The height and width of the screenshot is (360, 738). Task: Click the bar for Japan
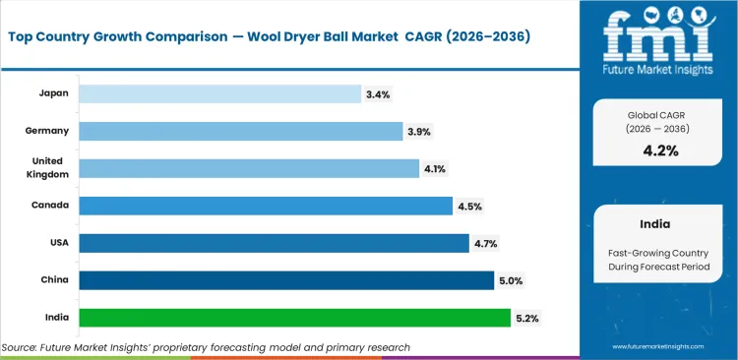pyautogui.click(x=219, y=93)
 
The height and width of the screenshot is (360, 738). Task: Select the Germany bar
pyautogui.click(x=240, y=131)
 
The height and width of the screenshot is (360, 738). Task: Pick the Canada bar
pyautogui.click(x=266, y=206)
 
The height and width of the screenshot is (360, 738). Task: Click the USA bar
pyautogui.click(x=274, y=243)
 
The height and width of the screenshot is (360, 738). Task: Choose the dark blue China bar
pyautogui.click(x=286, y=280)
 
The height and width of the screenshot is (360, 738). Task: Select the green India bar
pyautogui.click(x=294, y=318)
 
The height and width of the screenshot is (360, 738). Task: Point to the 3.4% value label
pyautogui.click(x=378, y=94)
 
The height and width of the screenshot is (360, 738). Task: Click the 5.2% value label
pyautogui.click(x=525, y=319)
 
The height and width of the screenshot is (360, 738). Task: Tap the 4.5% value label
pyautogui.click(x=469, y=207)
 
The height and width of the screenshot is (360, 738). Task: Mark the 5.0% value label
pyautogui.click(x=510, y=281)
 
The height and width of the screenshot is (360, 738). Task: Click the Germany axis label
pyautogui.click(x=45, y=131)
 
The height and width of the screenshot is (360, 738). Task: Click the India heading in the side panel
pyautogui.click(x=658, y=223)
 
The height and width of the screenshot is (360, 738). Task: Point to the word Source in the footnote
pyautogui.click(x=20, y=347)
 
